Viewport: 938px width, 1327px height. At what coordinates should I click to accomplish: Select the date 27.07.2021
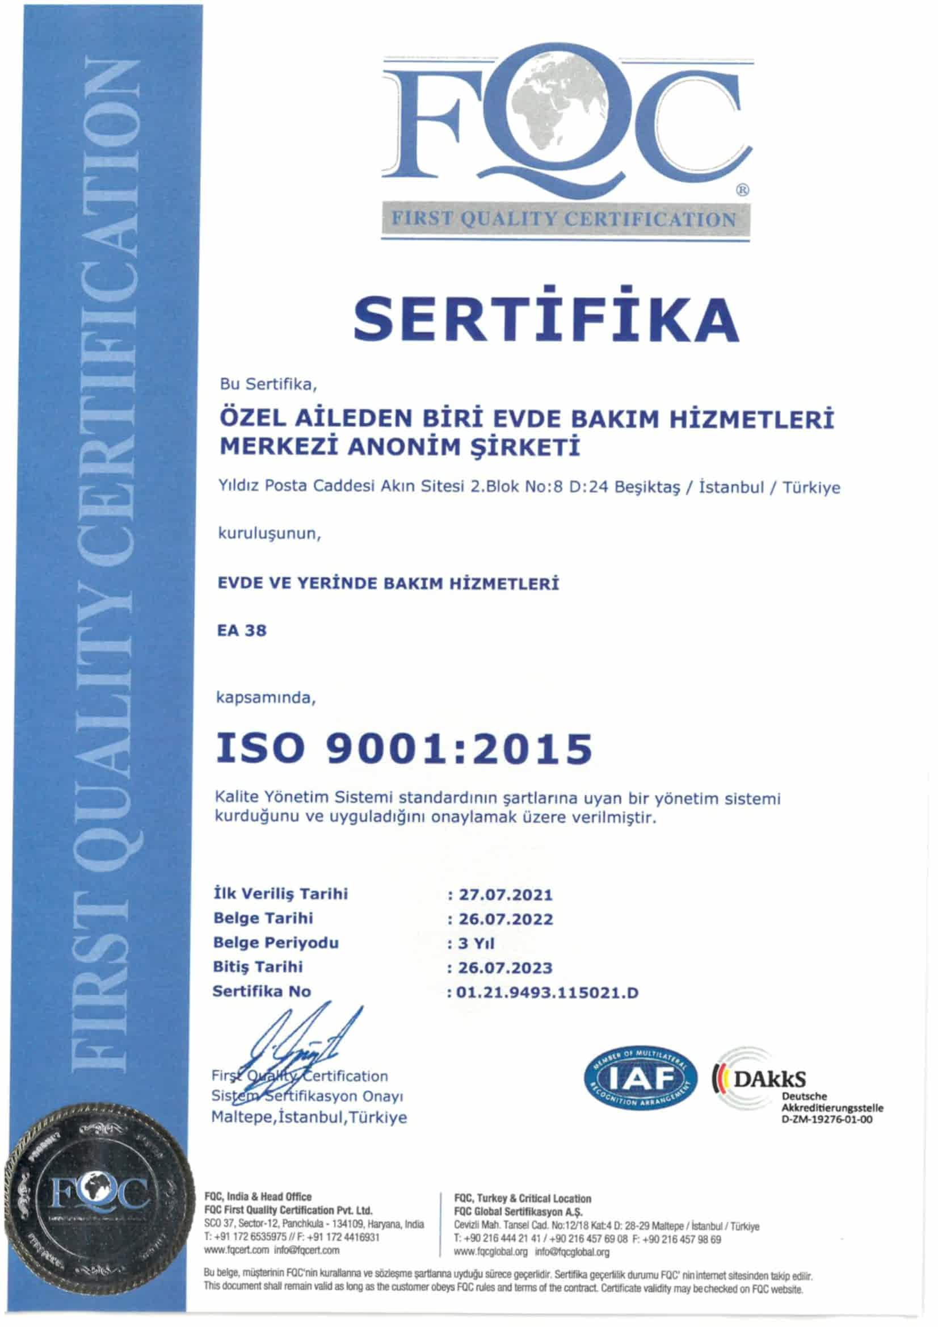point(506,895)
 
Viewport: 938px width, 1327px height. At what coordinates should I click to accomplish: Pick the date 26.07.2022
point(506,919)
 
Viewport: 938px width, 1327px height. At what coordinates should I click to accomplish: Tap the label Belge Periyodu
point(276,943)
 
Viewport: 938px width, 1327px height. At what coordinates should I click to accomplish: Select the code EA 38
point(241,630)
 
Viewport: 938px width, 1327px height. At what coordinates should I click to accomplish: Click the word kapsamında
point(266,698)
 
